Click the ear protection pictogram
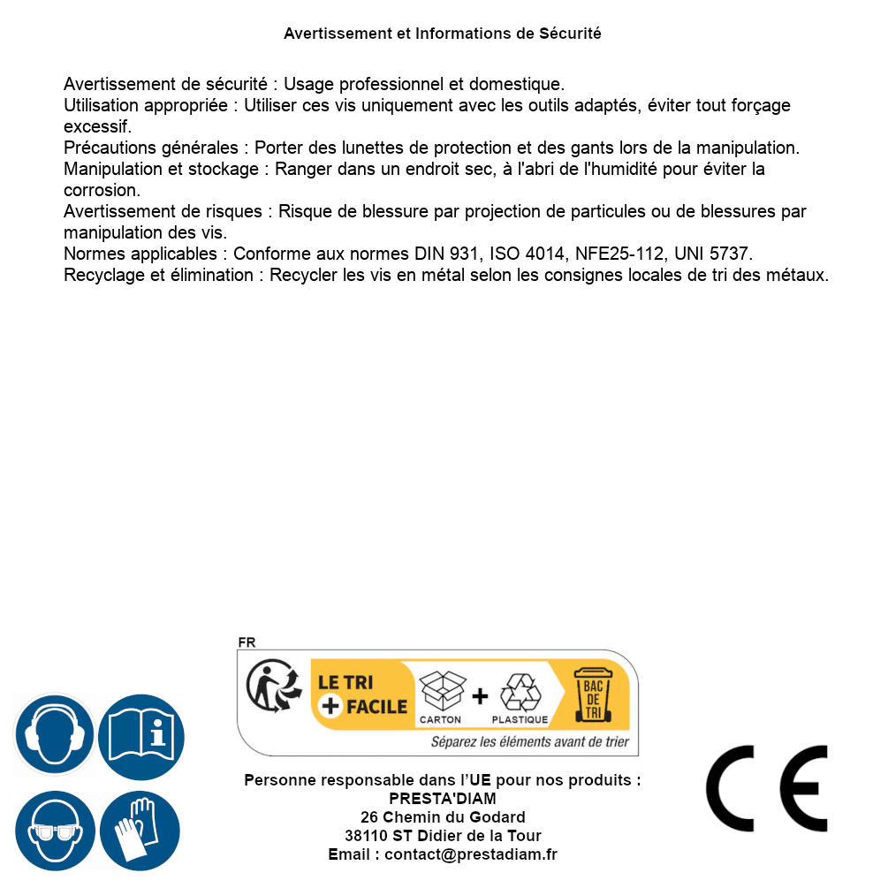pyautogui.click(x=55, y=735)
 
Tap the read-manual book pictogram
pyautogui.click(x=141, y=735)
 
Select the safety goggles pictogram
pyautogui.click(x=55, y=831)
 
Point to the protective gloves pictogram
pyautogui.click(x=141, y=831)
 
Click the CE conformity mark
pyautogui.click(x=767, y=788)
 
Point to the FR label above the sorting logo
pyautogui.click(x=247, y=642)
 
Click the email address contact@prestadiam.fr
pyautogui.click(x=471, y=854)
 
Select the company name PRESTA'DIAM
pyautogui.click(x=443, y=799)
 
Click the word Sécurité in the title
pyautogui.click(x=570, y=34)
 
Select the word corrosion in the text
pyautogui.click(x=100, y=190)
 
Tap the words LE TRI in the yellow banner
pyautogui.click(x=347, y=682)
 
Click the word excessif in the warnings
pyautogui.click(x=96, y=126)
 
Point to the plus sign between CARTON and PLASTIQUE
pyautogui.click(x=480, y=696)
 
